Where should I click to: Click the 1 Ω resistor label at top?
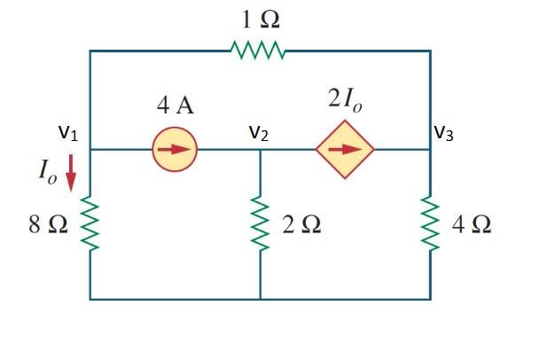258,18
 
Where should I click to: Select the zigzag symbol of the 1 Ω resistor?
258,51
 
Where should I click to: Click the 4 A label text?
176,107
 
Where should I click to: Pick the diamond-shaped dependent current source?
345,149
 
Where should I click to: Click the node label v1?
67,134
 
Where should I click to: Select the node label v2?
258,134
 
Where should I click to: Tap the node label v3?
445,133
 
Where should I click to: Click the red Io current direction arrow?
71,176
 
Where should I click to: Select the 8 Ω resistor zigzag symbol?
90,224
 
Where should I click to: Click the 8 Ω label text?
48,224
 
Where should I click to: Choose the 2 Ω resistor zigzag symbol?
260,224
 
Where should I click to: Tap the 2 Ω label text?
301,224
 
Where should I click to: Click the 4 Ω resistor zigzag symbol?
430,224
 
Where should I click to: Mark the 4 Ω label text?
471,224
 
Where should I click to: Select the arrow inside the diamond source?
345,149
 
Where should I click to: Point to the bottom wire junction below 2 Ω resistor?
260,299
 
